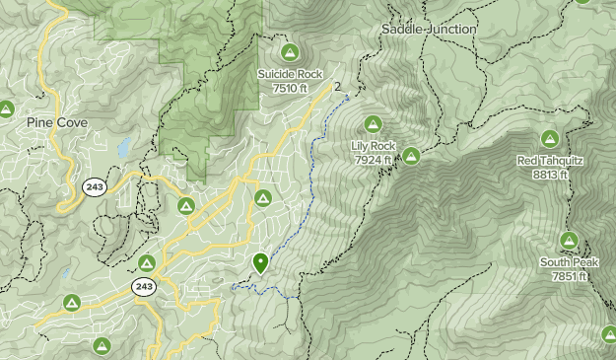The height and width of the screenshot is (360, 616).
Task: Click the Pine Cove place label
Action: (58, 122)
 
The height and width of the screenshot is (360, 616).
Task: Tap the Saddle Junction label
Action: (429, 30)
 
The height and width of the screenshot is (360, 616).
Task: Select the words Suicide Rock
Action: (289, 74)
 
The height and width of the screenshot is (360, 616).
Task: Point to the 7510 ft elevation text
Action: (289, 88)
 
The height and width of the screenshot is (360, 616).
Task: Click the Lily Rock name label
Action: (374, 146)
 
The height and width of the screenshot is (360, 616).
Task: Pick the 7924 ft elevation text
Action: (374, 159)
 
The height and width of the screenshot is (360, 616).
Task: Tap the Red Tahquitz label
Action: (549, 161)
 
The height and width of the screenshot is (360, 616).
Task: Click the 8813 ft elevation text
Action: (549, 175)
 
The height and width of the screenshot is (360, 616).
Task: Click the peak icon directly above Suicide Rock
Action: (289, 51)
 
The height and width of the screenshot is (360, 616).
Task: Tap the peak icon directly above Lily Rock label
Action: (373, 123)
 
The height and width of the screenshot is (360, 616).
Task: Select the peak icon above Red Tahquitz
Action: (549, 138)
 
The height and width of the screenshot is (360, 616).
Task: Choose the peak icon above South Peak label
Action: (569, 240)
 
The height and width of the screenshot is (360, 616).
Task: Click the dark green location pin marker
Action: (260, 262)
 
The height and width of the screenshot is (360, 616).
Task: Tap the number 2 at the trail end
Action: (338, 87)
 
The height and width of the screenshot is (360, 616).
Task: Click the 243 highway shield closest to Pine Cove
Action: (94, 187)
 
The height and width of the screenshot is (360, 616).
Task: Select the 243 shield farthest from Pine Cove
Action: (143, 286)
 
